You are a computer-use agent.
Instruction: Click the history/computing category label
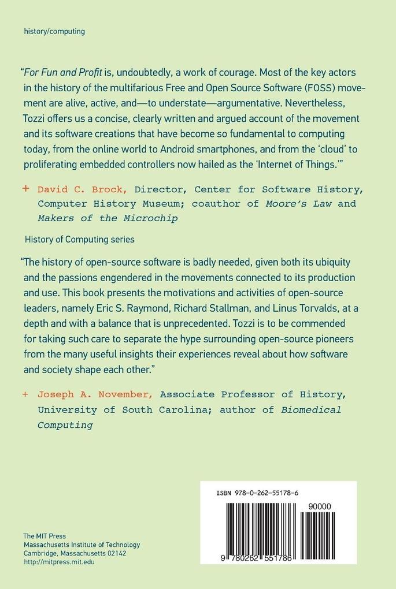(54, 31)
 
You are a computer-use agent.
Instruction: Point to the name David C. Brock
(83, 189)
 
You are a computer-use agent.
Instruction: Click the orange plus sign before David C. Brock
(25, 189)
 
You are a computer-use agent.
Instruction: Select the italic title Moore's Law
(298, 204)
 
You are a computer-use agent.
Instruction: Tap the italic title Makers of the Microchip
(107, 218)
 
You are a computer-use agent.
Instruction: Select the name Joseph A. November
(95, 395)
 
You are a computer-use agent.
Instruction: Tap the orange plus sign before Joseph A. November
(25, 394)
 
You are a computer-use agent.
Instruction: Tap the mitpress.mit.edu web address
(58, 561)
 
